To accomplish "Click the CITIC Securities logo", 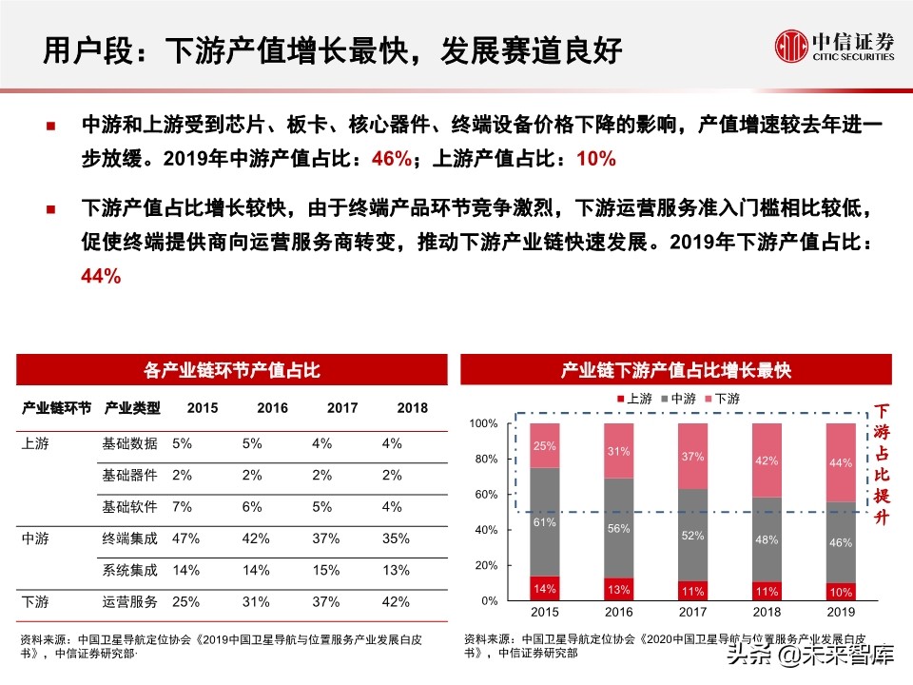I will pos(834,45).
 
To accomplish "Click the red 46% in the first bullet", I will pos(392,159).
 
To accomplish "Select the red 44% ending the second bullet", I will pos(101,276).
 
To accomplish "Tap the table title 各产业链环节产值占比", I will pos(231,369).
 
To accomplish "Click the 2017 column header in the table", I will pos(342,408).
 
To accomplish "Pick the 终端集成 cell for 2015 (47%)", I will pos(186,538).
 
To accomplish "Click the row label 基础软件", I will pos(129,506).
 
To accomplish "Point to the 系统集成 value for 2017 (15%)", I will pos(325,570).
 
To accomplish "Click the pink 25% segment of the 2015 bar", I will pos(545,445).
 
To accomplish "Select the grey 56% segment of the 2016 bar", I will pos(617,529).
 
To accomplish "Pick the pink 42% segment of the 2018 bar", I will pos(766,460).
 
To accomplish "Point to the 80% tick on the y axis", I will pos(485,459).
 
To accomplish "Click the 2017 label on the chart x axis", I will pos(692,614).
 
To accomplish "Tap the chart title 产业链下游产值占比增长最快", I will pos(675,369).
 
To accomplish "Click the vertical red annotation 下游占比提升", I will pos(883,465).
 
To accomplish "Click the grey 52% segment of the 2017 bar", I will pos(691,536).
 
